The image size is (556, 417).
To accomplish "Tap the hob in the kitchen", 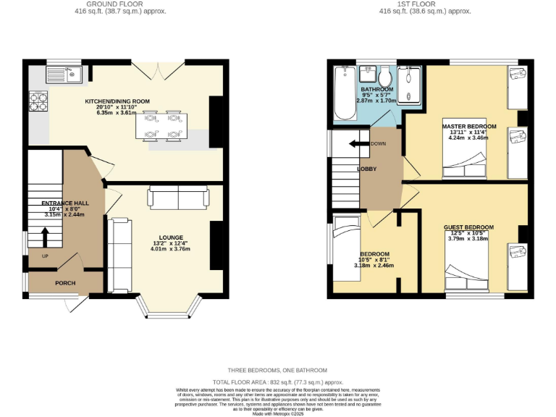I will point(37,101).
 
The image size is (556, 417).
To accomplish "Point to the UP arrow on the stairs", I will point(44,237).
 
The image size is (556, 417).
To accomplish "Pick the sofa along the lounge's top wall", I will point(178,196).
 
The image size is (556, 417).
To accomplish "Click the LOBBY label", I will point(367,169).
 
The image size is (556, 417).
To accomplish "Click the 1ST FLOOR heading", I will point(425,4).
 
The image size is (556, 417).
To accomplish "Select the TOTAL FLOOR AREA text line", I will point(277,381).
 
